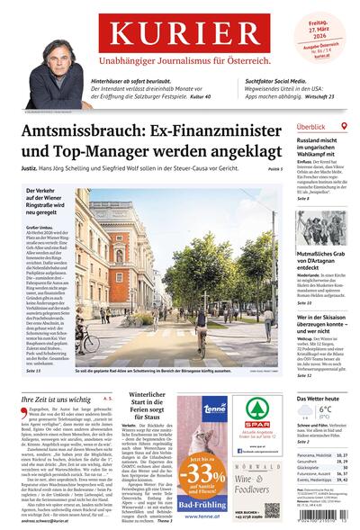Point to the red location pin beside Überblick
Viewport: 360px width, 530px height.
tap(343, 127)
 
